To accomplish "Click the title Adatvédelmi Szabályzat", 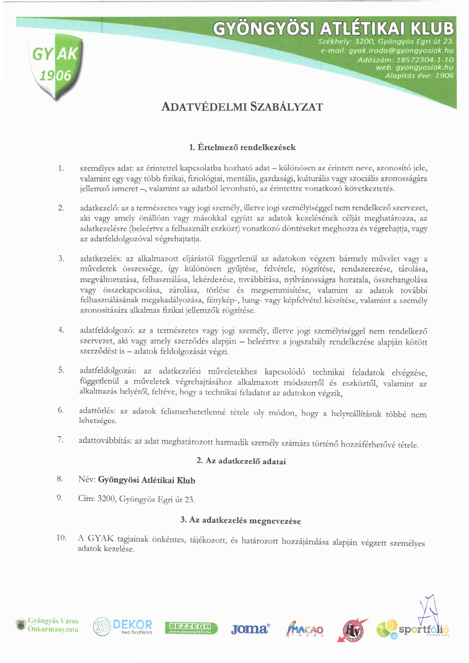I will click(x=242, y=107).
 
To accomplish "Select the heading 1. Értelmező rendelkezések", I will click(x=242, y=148).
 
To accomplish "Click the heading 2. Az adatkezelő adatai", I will click(x=241, y=461).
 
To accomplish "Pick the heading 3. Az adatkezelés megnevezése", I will click(x=241, y=520).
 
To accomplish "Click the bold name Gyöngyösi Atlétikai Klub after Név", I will click(x=146, y=480).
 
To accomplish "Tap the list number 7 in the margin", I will click(x=60, y=439).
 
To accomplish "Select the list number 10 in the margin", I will click(x=61, y=537).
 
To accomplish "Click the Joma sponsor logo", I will click(x=250, y=629).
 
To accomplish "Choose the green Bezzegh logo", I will click(x=191, y=628).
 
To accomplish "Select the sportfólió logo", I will click(x=413, y=630).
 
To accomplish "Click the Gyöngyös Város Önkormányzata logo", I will click(x=47, y=625).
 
